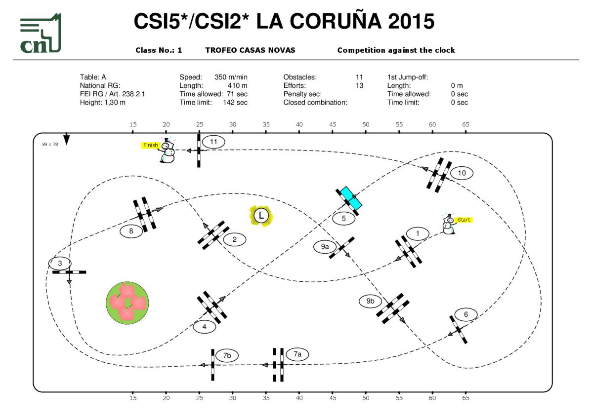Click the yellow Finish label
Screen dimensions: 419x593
pos(151,145)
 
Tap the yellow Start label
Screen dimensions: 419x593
pos(464,220)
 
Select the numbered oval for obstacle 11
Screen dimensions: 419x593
pos(213,142)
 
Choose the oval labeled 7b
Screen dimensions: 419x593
pos(227,355)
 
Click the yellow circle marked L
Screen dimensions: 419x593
pos(261,216)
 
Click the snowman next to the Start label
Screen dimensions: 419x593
pos(448,225)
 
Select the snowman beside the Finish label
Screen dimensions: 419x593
pos(167,151)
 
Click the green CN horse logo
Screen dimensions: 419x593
pos(41,34)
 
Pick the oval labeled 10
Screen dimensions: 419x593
pos(462,173)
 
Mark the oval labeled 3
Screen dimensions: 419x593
pos(60,264)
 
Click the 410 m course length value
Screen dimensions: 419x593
pos(237,85)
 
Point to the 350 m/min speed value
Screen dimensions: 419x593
pos(231,77)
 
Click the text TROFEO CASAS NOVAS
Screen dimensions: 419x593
pos(250,50)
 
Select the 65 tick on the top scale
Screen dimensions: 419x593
pos(466,125)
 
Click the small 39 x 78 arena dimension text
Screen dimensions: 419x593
pos(50,145)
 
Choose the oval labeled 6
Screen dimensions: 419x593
pos(466,314)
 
